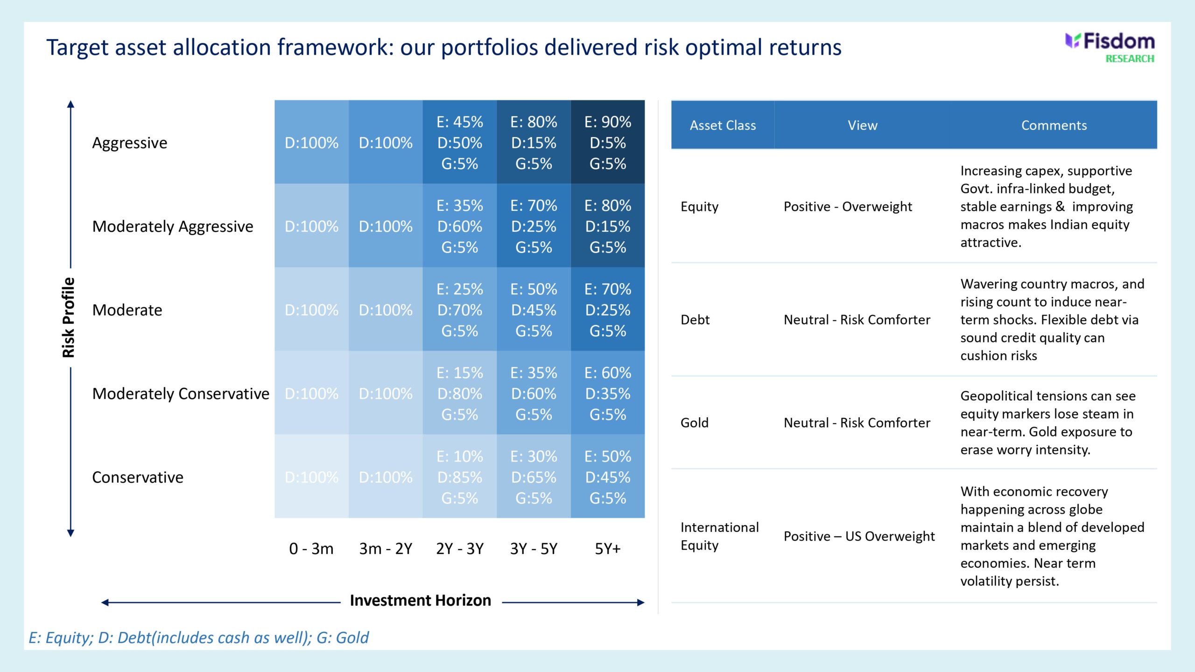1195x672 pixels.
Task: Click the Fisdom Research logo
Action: coord(1110,48)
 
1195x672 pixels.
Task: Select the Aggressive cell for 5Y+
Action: coord(607,142)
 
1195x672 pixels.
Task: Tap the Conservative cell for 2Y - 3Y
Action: coord(460,477)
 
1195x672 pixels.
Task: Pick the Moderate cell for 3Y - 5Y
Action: coord(534,309)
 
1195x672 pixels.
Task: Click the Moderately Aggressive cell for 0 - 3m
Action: coord(311,226)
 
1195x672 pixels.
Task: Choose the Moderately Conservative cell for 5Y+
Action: coord(607,393)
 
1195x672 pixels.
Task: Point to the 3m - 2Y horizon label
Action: coord(386,549)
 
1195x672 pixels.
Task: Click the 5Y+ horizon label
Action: coord(607,549)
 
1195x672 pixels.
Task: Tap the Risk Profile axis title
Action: coord(69,317)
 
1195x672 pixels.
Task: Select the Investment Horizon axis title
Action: coord(420,600)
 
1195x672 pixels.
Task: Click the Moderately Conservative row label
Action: coord(181,394)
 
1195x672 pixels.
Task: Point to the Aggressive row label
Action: coord(129,143)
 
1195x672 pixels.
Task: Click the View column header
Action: coord(862,125)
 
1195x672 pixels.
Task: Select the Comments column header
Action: coord(1054,125)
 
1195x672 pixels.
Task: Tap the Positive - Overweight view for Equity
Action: coord(847,206)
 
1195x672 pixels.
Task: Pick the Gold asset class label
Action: coord(695,423)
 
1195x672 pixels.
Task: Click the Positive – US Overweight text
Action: coord(859,536)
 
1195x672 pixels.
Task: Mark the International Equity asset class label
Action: coord(719,536)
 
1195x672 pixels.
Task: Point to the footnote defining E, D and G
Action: coord(198,637)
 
